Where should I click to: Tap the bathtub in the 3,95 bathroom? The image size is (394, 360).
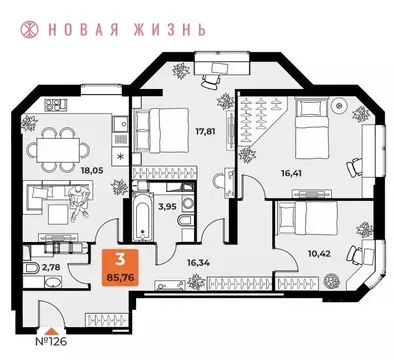tap(138, 216)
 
